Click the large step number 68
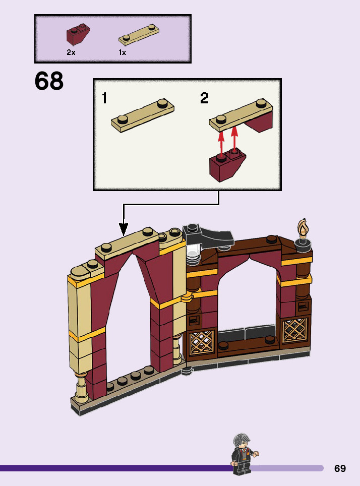click(x=49, y=82)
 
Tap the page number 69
click(x=340, y=468)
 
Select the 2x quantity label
click(x=71, y=52)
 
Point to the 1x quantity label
click(x=123, y=52)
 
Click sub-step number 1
click(x=104, y=98)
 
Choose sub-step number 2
click(x=204, y=98)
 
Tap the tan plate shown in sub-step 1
click(x=143, y=114)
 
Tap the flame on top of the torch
click(x=303, y=228)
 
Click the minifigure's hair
click(x=242, y=438)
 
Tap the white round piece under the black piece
click(x=193, y=259)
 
